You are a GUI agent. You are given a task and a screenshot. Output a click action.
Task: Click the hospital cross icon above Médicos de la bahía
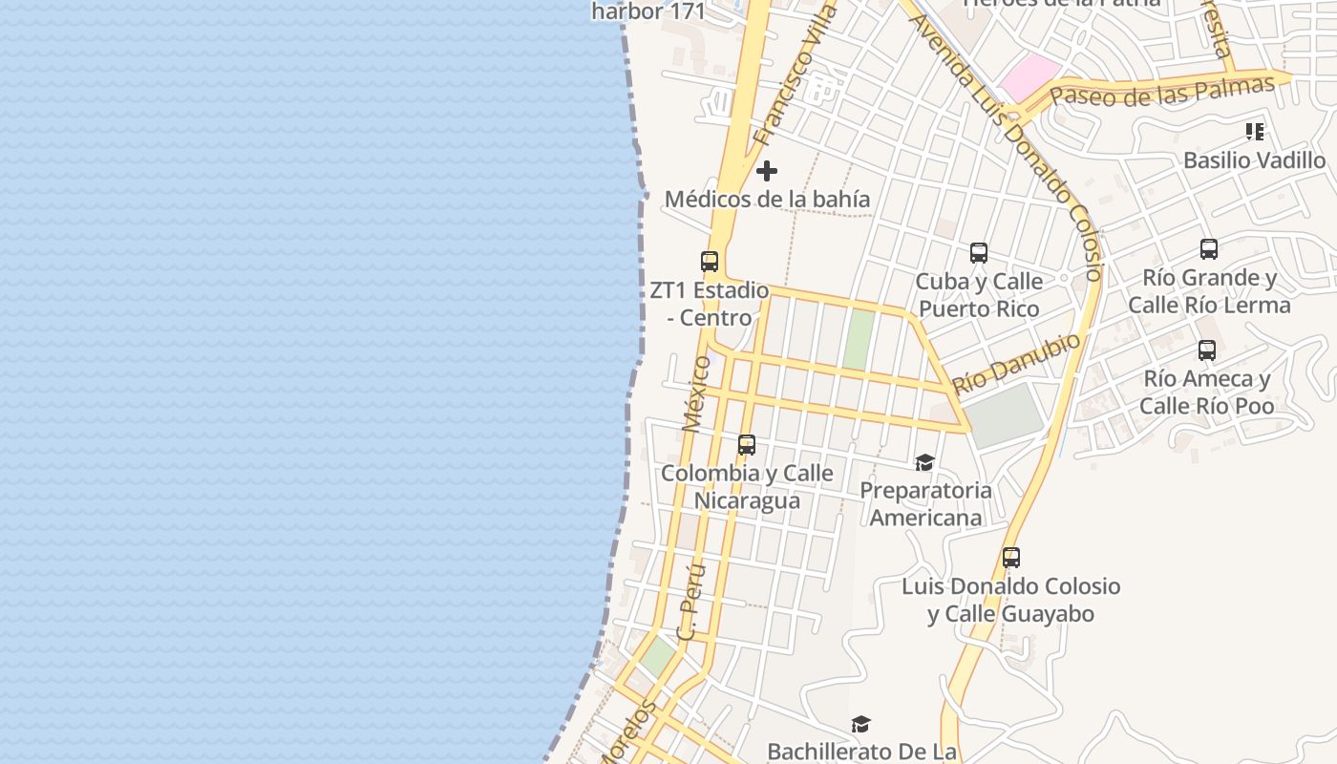[x=766, y=171]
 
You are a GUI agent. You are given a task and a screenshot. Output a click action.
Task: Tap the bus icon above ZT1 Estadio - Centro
[x=709, y=261]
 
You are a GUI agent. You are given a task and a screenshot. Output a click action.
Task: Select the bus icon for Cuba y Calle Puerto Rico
[x=978, y=253]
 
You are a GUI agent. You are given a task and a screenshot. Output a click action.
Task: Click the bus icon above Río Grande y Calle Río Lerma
[x=1208, y=249]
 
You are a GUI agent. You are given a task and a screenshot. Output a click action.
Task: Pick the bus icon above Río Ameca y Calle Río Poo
[x=1206, y=350]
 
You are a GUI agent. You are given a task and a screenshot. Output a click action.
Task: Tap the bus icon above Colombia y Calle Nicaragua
[x=746, y=445]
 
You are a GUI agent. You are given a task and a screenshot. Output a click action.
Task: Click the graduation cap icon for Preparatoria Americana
[x=924, y=463]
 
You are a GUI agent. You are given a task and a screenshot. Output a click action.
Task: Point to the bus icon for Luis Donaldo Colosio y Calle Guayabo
[x=1010, y=558]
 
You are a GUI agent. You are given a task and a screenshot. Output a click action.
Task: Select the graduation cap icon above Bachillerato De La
[x=860, y=725]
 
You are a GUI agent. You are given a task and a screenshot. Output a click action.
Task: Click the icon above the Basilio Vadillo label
[x=1254, y=132]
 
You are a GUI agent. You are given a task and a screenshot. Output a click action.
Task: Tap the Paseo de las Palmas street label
[x=1162, y=92]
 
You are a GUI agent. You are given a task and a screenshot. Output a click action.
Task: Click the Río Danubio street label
[x=1017, y=363]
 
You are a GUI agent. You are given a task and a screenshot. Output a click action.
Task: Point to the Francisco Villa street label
[x=795, y=74]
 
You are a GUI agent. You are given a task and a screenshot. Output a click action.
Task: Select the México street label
[x=696, y=393]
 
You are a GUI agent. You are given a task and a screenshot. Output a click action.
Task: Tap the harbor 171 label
[x=647, y=11]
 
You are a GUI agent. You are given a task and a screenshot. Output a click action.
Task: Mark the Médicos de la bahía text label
[x=767, y=199]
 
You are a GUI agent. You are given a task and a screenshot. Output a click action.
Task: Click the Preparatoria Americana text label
[x=925, y=504]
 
